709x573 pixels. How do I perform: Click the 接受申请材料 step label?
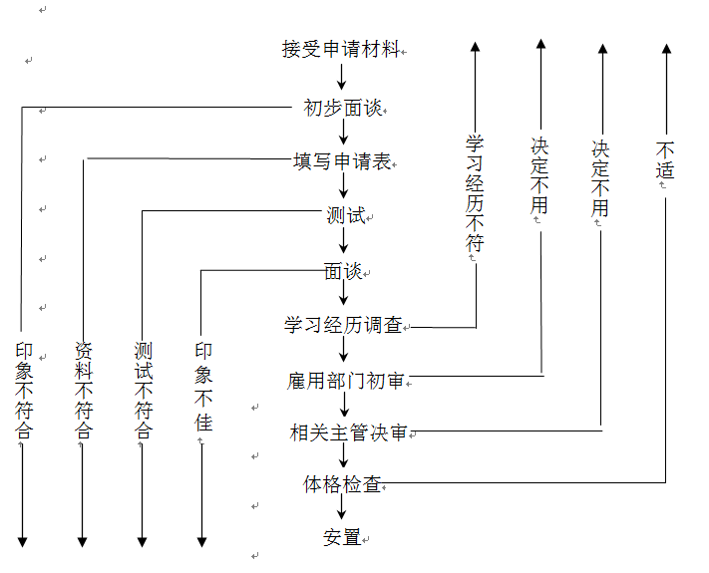pos(342,49)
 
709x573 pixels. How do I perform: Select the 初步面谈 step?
pos(342,108)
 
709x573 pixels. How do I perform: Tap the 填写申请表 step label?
pos(341,161)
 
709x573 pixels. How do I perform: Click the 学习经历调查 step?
pos(343,324)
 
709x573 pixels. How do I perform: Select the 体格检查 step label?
pos(342,484)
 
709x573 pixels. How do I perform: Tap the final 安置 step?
pos(341,537)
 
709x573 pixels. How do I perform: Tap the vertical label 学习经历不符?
pos(475,193)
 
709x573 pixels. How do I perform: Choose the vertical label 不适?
pos(665,159)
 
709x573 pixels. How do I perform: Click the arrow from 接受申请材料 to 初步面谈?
pos(342,77)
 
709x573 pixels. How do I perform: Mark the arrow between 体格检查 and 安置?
pos(342,509)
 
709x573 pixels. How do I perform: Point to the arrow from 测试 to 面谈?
pos(342,241)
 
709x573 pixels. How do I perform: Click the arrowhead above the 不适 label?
pos(667,47)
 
